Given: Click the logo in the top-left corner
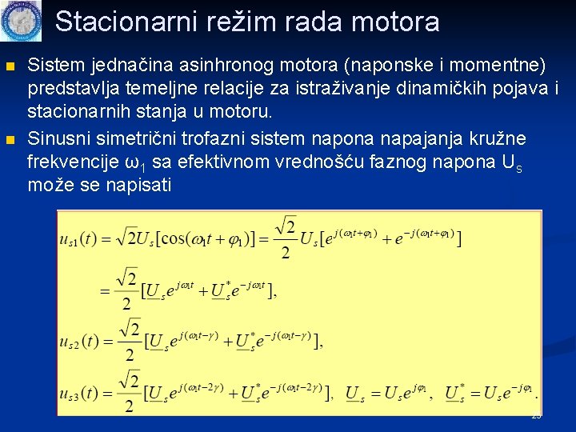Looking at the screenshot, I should click(21, 21).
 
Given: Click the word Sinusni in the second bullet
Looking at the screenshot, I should click(55, 141).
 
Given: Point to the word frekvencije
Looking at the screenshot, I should click(73, 162).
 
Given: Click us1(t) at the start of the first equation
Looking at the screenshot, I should click(82, 238).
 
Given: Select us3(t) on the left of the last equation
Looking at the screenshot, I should click(82, 394).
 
